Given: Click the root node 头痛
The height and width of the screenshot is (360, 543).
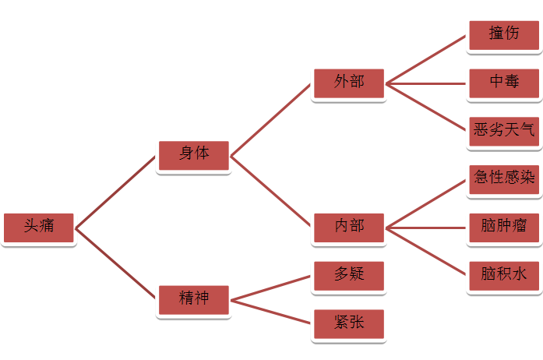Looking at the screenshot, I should pos(38,227).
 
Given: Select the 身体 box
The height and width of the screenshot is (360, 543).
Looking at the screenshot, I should pos(194,154).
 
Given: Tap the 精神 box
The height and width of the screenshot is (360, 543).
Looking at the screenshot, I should pos(194,298).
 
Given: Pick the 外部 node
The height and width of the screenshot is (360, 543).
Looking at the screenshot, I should pos(348,83).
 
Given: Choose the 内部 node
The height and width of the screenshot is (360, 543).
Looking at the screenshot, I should pos(348,227).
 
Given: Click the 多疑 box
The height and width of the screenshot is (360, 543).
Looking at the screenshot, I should pos(348,275).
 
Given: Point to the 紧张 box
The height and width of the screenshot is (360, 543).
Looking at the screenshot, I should pos(348,323).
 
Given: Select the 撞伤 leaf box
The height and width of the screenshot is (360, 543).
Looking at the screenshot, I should pos(503,34).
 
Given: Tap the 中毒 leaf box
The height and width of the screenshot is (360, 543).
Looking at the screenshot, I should pos(503,83).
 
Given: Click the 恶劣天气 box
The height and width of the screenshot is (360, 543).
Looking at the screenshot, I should pos(503,130).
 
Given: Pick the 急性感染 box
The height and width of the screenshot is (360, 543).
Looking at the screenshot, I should pos(503,178).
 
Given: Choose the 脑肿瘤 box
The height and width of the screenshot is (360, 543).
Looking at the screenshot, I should pos(503,227).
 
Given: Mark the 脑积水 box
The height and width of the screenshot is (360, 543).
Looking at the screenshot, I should pos(503,274).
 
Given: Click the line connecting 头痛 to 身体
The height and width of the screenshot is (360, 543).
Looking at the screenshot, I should pos(116,191).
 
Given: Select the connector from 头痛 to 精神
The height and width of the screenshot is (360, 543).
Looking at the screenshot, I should pos(116,263).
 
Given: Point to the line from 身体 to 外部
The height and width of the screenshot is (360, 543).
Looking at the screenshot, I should pos(271,118).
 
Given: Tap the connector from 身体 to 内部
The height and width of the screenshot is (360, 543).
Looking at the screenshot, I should pos(271,191).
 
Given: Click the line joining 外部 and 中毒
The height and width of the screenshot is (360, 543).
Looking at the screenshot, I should pos(426,83).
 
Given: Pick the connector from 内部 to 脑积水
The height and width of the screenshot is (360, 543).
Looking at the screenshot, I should pos(426,251).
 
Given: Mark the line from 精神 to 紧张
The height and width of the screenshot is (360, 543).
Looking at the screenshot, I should pos(271,310).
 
